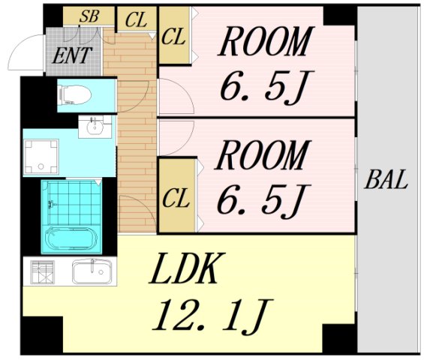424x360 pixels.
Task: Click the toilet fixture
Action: [x=74, y=94]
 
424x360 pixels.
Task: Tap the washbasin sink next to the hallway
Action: [x=95, y=127]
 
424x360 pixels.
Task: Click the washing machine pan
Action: [x=41, y=157]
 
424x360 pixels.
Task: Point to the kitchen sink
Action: [x=92, y=271]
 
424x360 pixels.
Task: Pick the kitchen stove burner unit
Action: [x=42, y=271]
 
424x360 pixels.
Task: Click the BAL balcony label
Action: [x=386, y=179]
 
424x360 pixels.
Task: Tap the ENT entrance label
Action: [x=72, y=55]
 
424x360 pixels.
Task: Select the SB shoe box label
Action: [x=89, y=16]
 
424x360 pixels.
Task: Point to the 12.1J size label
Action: [x=213, y=316]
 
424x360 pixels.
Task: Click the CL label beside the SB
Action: [x=137, y=19]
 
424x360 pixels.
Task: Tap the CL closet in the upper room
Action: [x=173, y=37]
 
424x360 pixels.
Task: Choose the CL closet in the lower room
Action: [x=176, y=199]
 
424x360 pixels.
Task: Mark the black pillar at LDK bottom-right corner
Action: [x=340, y=337]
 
